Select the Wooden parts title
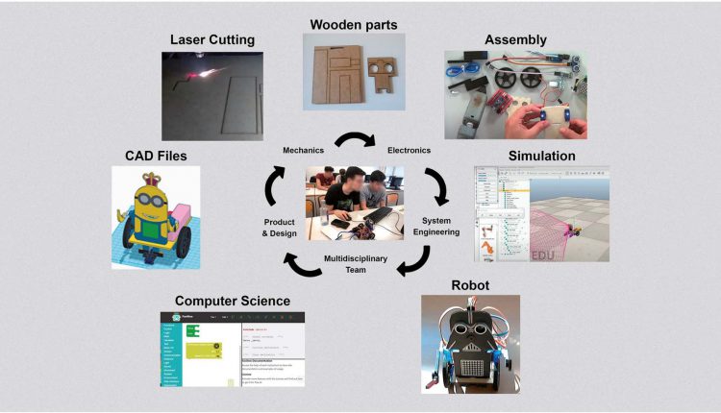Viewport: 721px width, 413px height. point(354,23)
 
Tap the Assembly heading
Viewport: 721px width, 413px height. point(516,40)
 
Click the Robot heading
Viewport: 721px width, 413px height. point(470,285)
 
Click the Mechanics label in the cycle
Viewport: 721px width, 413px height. point(306,151)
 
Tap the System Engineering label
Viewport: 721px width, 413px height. point(441,226)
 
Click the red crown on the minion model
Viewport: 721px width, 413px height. point(154,182)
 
